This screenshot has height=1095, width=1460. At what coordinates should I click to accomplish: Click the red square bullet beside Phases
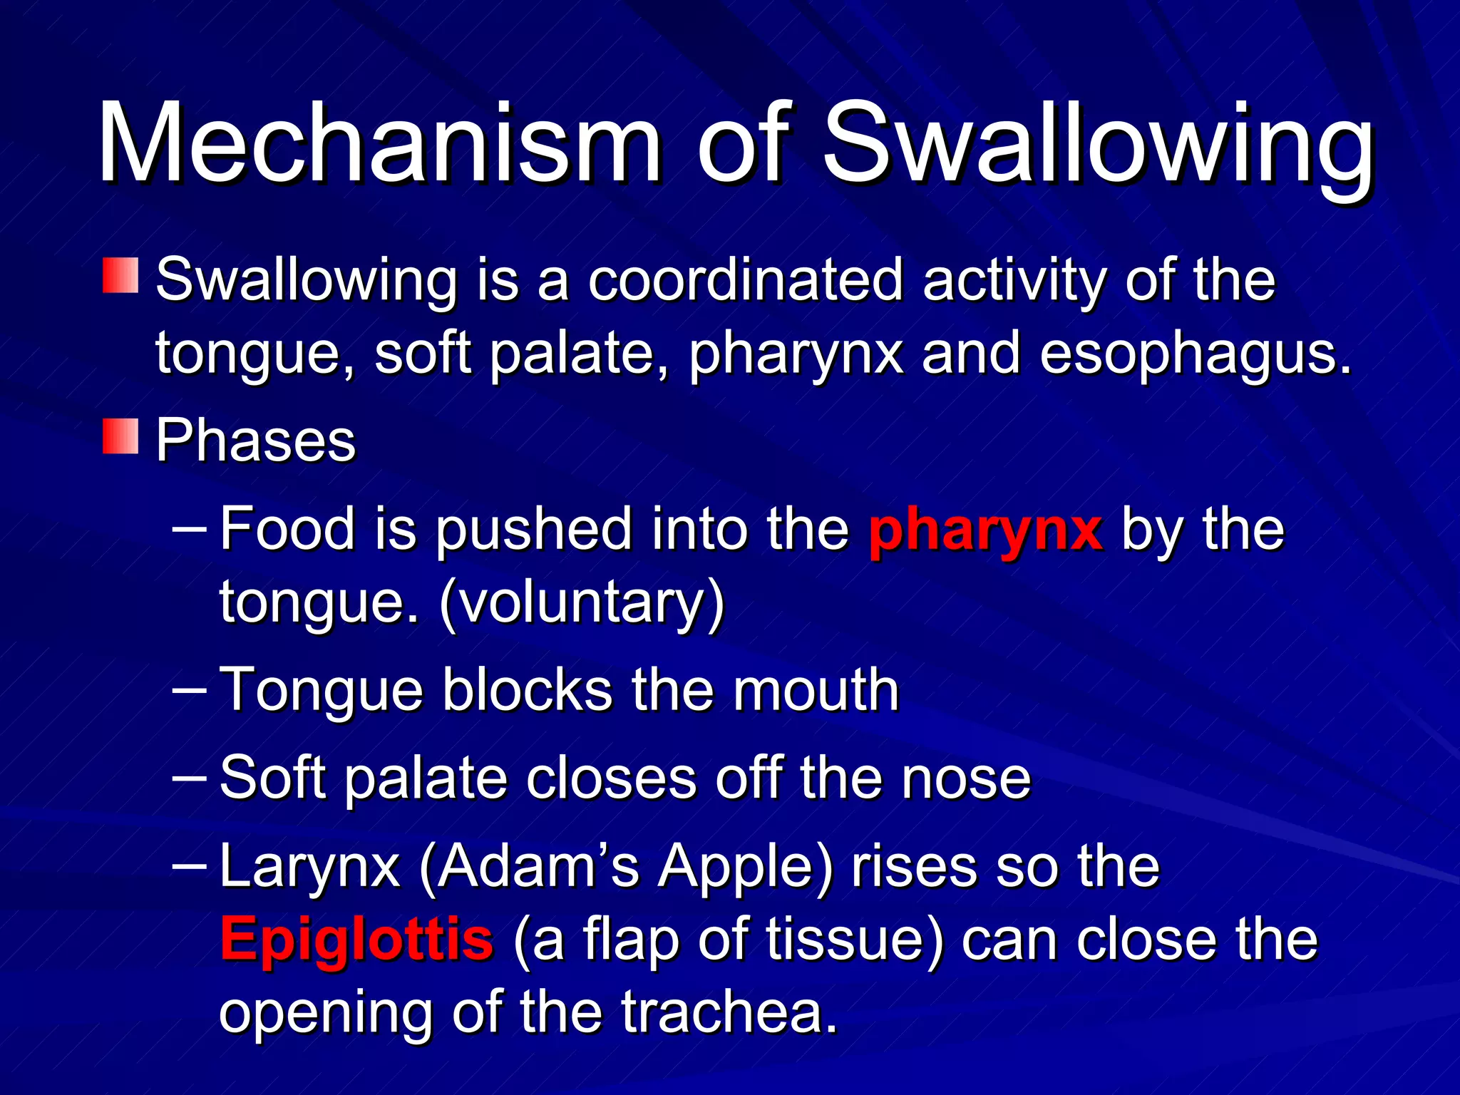click(x=120, y=436)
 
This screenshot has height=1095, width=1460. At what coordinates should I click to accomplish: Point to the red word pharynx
click(x=985, y=530)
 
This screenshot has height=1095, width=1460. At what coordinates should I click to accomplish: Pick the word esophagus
click(x=1195, y=354)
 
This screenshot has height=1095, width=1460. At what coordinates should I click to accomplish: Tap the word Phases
click(x=255, y=441)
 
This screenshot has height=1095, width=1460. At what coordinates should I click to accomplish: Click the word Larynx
click(x=309, y=868)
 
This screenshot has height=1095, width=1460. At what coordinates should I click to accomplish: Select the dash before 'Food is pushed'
click(x=190, y=530)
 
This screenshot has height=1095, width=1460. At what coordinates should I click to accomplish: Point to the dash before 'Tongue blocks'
click(x=190, y=690)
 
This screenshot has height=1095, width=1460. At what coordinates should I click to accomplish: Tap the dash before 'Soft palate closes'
click(x=190, y=778)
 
